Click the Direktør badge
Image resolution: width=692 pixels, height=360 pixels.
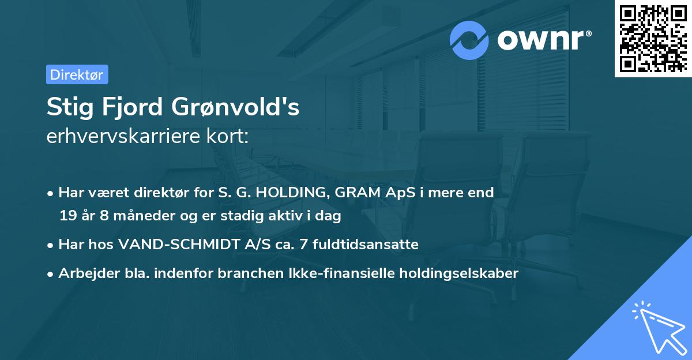[77, 74]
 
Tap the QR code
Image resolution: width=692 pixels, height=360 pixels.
[653, 38]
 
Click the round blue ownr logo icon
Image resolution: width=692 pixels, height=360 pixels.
[469, 40]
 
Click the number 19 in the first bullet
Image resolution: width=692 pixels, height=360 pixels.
[67, 216]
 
